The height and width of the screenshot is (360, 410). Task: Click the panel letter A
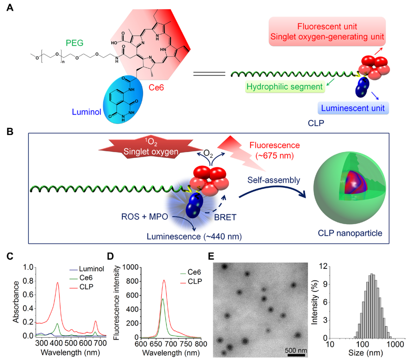(9, 8)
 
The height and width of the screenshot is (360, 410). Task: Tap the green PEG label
(75, 42)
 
